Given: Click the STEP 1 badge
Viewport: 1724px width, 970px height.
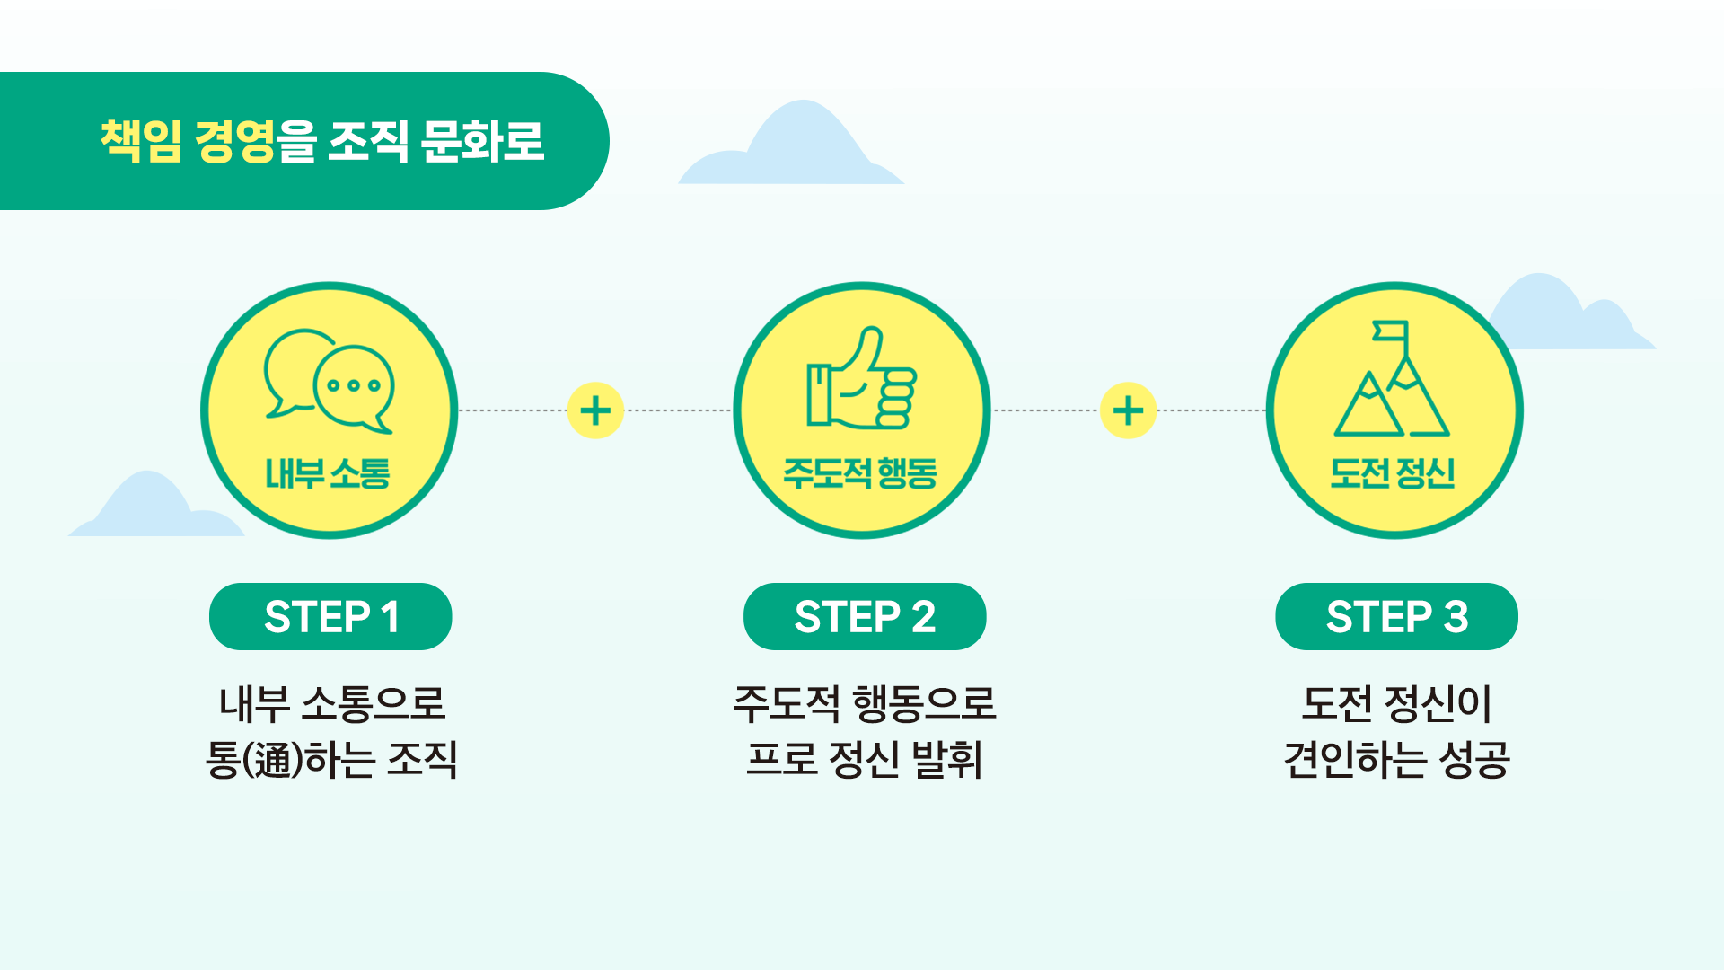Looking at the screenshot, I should pos(330,617).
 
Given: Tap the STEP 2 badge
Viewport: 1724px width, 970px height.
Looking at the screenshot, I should pos(865,617).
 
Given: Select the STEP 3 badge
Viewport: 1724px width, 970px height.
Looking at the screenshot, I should pos(1396,617).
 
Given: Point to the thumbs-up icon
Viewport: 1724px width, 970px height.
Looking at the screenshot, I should pos(861,379).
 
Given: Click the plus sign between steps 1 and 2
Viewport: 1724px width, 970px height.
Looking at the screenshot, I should pos(595,410).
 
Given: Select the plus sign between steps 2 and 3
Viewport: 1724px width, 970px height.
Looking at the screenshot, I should pos(1128,410).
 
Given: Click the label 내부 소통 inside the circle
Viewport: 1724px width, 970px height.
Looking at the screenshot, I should pos(328,473).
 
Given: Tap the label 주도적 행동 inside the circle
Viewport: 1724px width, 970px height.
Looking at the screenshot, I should pos(860,473).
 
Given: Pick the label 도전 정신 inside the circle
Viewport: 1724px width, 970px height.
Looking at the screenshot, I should pos(1393,473).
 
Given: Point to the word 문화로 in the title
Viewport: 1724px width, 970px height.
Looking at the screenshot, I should pos(482,141).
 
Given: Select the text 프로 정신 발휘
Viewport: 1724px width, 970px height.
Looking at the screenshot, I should pos(865,760).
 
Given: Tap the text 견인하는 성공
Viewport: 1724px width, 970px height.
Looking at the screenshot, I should pos(1396,760).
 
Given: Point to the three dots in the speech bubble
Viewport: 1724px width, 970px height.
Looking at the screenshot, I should pos(354,385).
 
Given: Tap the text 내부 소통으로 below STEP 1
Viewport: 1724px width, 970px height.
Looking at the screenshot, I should pos(332,703).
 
